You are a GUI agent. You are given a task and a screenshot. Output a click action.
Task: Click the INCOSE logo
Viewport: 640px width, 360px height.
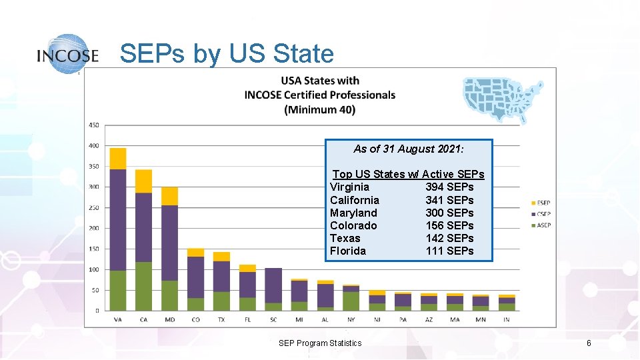click(68, 53)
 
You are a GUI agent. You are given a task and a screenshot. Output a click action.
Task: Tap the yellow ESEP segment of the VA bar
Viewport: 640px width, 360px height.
click(118, 159)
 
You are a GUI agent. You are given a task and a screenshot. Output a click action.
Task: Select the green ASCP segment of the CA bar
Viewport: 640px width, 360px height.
click(143, 286)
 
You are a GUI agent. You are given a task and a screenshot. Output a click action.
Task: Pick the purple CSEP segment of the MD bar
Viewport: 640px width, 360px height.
click(169, 243)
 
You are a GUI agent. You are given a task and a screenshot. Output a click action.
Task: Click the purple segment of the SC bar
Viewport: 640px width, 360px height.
click(273, 285)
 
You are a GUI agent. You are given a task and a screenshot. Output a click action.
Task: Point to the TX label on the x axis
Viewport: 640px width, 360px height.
click(221, 319)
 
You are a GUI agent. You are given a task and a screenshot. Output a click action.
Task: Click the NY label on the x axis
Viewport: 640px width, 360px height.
click(351, 319)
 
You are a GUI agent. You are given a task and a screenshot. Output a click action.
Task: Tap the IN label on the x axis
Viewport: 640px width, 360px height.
click(507, 319)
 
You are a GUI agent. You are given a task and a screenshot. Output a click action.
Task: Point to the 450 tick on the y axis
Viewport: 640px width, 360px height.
click(94, 125)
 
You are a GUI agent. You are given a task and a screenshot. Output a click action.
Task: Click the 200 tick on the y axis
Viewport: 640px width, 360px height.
click(94, 228)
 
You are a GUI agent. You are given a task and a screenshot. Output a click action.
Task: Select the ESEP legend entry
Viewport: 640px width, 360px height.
click(541, 203)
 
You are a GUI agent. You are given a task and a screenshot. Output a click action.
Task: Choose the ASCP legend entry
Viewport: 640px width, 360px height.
click(541, 225)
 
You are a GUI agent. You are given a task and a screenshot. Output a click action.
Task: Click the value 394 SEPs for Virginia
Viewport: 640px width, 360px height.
click(449, 187)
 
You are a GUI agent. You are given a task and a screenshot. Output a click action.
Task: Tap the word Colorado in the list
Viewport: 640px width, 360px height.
click(353, 225)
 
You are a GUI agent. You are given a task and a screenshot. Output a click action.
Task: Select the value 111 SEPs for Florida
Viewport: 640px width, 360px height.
click(449, 251)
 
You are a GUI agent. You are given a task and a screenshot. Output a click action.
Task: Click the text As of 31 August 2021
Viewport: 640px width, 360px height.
click(408, 149)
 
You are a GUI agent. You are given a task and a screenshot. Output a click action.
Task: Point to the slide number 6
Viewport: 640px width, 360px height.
click(589, 343)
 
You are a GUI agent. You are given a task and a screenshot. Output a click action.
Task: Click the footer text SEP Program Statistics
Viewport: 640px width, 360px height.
click(320, 343)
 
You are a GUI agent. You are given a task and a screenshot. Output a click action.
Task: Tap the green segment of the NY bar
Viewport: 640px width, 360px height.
click(351, 301)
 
